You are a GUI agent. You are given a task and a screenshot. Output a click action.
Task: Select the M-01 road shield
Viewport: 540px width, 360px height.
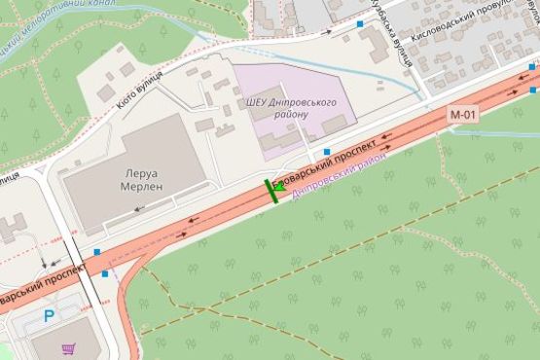463,115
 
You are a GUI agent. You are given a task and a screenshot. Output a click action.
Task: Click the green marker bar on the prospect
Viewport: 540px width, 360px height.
271,190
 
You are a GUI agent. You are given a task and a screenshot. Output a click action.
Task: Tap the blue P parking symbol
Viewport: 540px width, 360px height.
49,315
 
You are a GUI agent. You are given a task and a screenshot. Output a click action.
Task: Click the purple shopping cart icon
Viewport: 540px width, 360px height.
68,347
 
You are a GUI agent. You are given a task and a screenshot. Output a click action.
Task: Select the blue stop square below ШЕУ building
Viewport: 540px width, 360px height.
326,153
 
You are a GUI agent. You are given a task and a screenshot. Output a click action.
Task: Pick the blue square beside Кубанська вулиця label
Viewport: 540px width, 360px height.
360,23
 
